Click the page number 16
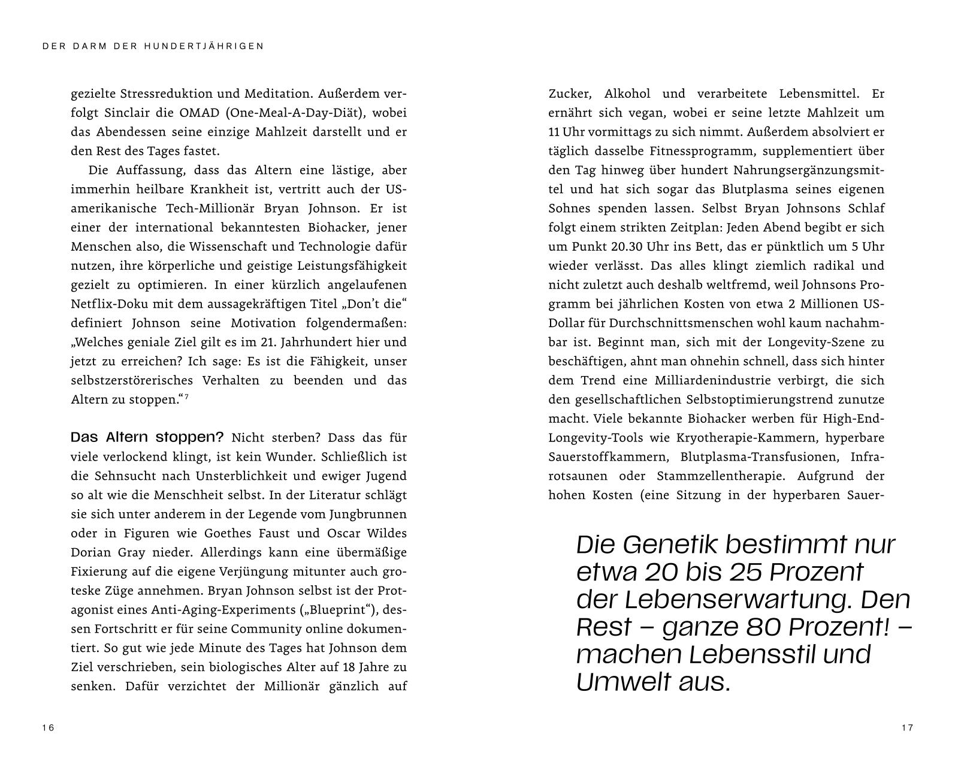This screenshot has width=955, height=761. click(x=48, y=727)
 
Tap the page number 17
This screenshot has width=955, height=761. click(x=906, y=727)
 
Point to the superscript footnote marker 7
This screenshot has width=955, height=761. click(x=186, y=396)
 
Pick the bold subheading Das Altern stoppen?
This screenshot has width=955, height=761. click(x=147, y=437)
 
